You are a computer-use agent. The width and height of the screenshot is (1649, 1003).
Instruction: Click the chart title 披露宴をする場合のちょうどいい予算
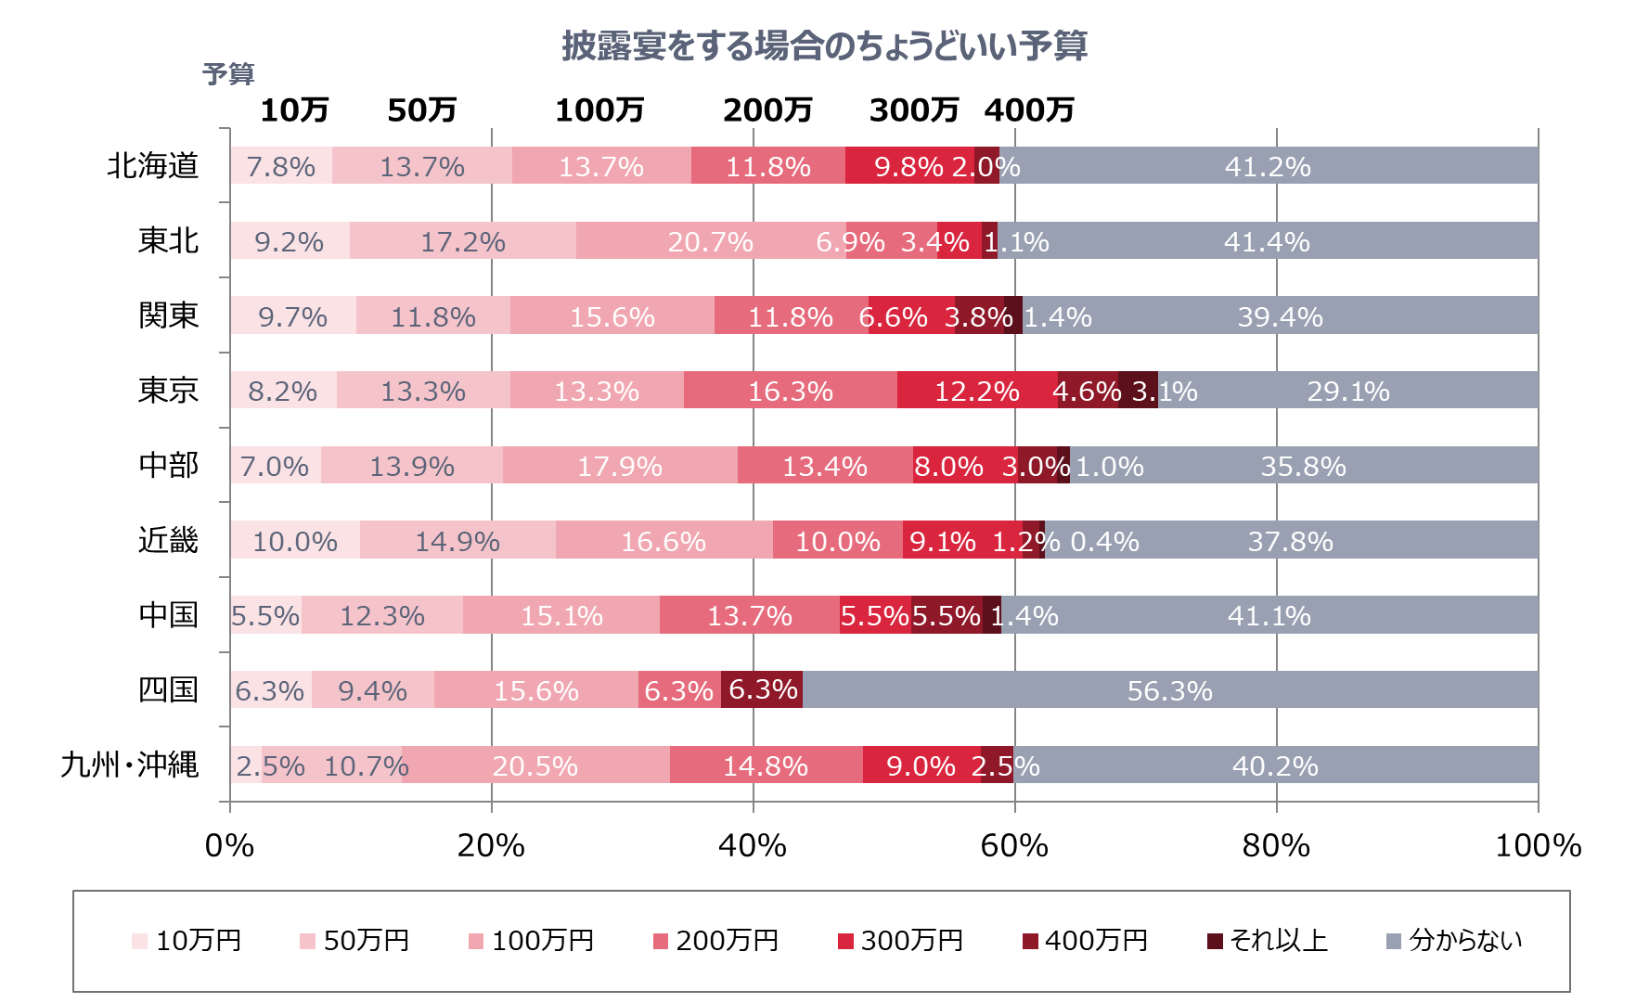[824, 45]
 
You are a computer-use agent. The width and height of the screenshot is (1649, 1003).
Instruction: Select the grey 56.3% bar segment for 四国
[1169, 690]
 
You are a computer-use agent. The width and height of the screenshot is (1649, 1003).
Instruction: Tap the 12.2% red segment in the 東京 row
[977, 391]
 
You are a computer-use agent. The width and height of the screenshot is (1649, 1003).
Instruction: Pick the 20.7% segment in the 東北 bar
[711, 241]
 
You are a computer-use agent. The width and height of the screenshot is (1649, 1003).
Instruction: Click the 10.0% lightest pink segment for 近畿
[295, 541]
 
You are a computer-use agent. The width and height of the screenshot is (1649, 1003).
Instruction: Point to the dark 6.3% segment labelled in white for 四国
[762, 689]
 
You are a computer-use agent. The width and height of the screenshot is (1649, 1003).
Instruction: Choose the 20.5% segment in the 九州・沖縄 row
[535, 765]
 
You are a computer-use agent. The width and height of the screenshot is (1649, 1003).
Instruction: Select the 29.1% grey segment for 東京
[1347, 391]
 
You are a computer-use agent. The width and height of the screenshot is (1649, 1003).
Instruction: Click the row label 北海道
[153, 166]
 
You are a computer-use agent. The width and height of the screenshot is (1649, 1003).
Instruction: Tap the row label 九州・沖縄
[130, 765]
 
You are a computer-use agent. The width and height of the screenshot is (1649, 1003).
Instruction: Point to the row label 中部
[168, 466]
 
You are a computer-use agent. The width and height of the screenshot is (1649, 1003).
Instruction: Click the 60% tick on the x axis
[1014, 845]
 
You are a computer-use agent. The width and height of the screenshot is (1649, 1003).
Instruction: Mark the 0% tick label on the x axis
[229, 845]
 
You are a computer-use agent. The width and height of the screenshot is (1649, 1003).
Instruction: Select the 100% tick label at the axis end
[1538, 845]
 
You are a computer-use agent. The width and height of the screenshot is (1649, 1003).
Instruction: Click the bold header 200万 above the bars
[767, 110]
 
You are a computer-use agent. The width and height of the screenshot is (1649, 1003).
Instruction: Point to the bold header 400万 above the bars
[1029, 110]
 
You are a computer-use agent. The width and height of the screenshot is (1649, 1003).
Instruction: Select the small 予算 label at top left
[228, 74]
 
